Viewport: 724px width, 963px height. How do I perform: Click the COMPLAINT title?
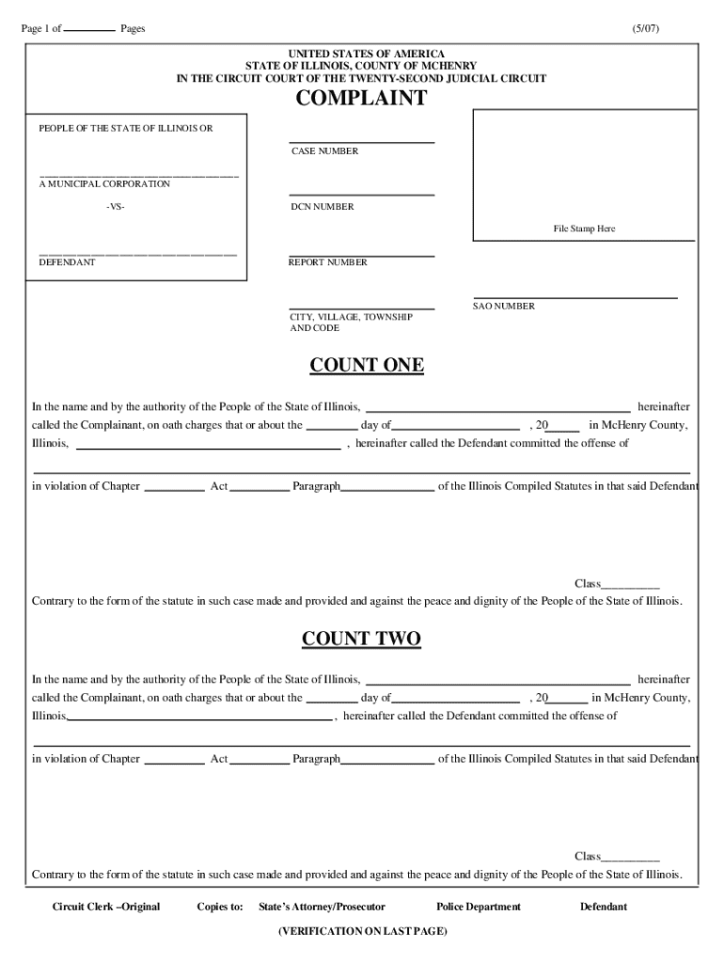(x=361, y=99)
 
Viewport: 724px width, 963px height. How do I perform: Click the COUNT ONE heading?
(x=367, y=366)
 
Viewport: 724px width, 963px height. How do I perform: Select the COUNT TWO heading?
(x=361, y=639)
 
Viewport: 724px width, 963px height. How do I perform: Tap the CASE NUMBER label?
(x=323, y=151)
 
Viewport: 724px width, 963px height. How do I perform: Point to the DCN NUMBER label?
(x=322, y=207)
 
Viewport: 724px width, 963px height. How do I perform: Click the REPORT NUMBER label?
(x=327, y=262)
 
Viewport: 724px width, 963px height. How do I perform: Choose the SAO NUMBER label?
(x=503, y=307)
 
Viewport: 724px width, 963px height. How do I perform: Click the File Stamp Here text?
(x=583, y=229)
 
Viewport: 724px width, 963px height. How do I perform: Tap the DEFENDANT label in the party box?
(x=66, y=262)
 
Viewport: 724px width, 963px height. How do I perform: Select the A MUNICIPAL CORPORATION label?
(x=103, y=184)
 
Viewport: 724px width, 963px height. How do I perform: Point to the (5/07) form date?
(x=646, y=29)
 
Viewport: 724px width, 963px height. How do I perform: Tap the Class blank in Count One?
(x=630, y=585)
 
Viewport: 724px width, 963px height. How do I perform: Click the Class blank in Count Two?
(x=630, y=857)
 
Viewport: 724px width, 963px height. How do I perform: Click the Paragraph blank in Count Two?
(x=387, y=760)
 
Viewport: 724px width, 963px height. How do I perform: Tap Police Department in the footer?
(x=478, y=907)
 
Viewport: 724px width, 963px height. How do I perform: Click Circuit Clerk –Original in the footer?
(x=105, y=907)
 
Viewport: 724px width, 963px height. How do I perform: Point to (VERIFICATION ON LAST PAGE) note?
(x=362, y=931)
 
